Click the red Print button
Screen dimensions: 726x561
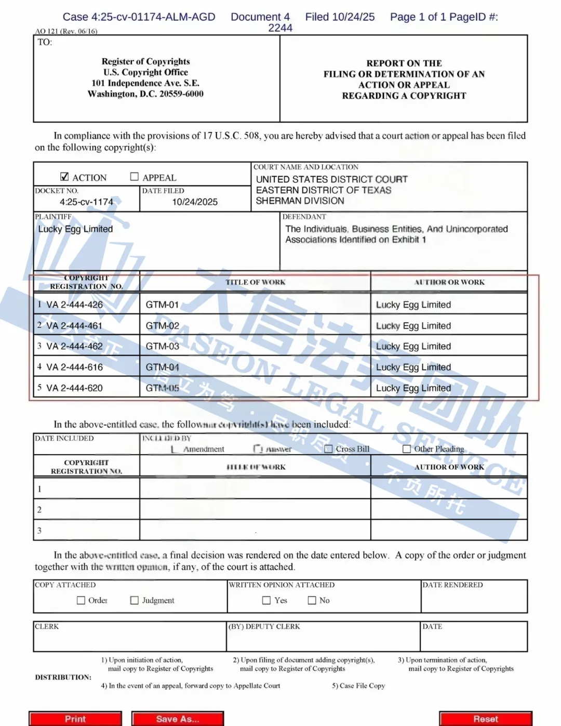coord(75,719)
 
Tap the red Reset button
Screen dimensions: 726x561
coord(486,719)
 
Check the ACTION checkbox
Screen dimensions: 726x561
coord(65,177)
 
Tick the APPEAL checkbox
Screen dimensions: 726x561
coord(135,177)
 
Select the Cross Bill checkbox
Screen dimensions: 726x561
coord(328,449)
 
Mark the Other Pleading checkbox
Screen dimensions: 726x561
coord(407,449)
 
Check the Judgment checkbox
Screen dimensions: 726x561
coord(135,600)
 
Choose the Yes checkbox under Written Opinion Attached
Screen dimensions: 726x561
coord(266,600)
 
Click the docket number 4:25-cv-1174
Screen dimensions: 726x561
coord(86,202)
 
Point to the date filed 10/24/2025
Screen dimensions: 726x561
coord(195,202)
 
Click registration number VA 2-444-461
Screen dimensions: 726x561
coord(74,326)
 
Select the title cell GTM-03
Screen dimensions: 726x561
coord(163,346)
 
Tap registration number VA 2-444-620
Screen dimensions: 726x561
coord(74,388)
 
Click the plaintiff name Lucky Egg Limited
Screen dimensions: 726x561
coord(75,229)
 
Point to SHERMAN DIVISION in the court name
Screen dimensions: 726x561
coord(300,201)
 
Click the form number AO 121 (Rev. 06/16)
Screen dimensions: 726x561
coord(66,31)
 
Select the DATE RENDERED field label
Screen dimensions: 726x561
coord(452,585)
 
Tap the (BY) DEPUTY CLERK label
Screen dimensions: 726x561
coord(264,626)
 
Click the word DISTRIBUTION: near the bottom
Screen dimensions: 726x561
coord(63,677)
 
